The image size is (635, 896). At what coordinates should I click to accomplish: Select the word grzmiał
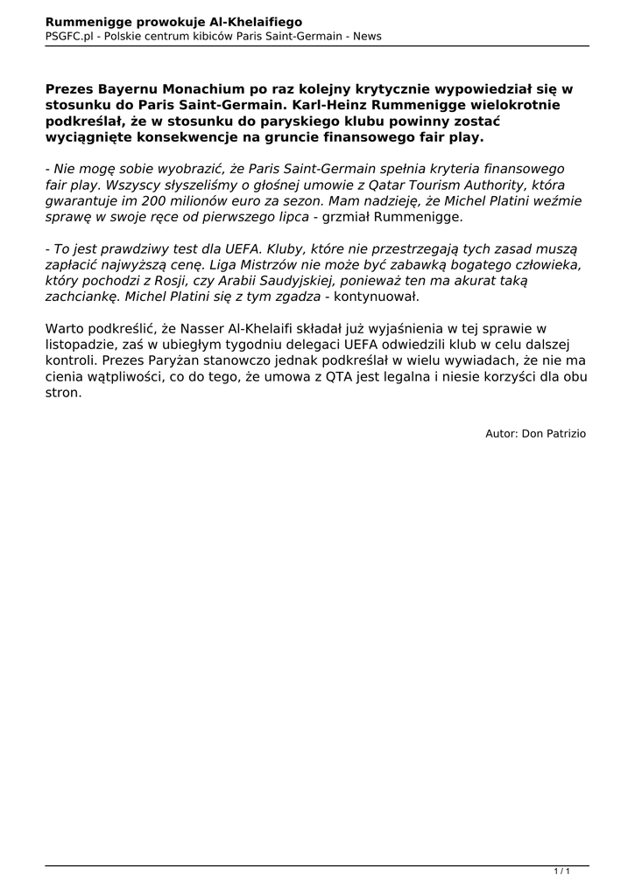tap(349, 217)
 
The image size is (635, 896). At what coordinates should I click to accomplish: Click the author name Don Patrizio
tap(554, 433)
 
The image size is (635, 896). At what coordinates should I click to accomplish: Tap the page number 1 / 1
tap(561, 871)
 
